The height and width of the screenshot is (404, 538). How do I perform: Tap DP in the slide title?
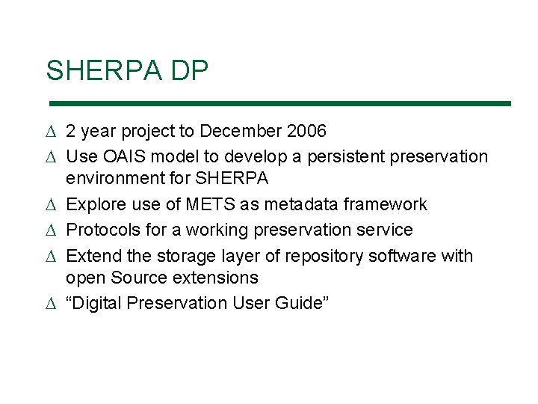[190, 71]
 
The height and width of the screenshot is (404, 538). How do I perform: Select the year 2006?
[306, 132]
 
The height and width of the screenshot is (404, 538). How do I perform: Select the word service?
[387, 230]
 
